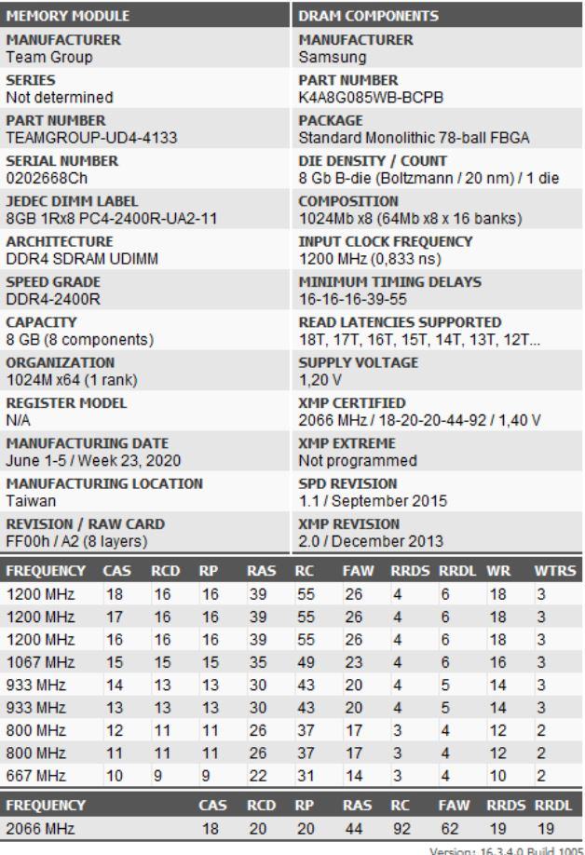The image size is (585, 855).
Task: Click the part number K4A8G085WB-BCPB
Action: coord(356,97)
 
